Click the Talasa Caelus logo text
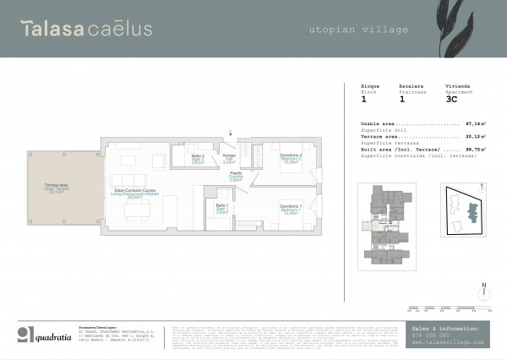point(88,29)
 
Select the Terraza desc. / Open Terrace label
point(57,188)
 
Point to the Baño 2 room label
point(197,160)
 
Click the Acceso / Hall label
point(229,159)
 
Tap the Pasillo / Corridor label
point(237,177)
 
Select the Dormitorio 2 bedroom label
point(291,159)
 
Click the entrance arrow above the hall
point(231,132)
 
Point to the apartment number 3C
point(451,99)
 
